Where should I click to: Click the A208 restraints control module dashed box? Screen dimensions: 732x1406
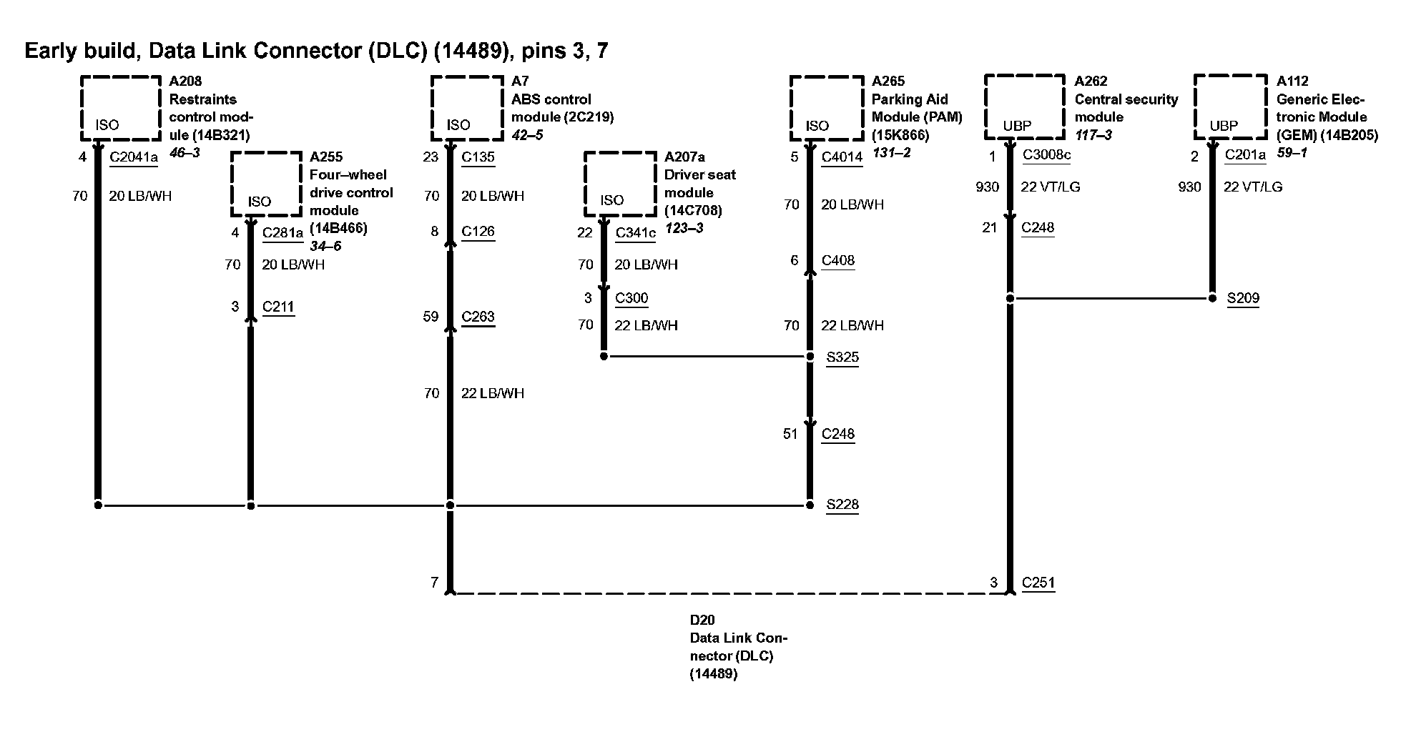coord(120,108)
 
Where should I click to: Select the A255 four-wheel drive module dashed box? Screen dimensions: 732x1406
coord(266,184)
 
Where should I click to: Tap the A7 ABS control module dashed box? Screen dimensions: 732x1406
coord(467,108)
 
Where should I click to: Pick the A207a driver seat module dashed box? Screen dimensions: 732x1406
coord(620,184)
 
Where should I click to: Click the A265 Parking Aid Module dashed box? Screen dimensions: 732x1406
coord(826,108)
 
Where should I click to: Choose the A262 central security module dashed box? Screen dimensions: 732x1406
coord(1024,107)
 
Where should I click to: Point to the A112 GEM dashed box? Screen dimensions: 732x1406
coord(1230,107)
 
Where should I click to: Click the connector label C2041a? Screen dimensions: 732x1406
coord(133,157)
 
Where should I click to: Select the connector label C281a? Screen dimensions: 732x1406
coord(282,232)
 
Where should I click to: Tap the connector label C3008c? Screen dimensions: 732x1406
coord(1046,155)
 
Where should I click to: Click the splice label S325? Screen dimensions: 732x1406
coord(842,357)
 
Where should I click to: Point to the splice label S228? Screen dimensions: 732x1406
coord(842,505)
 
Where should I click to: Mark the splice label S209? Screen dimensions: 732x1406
coord(1243,298)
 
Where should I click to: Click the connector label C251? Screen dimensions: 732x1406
coord(1038,583)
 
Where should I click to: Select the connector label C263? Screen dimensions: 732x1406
coord(478,317)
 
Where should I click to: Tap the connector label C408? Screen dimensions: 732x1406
coord(837,260)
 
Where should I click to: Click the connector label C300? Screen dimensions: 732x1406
coord(631,298)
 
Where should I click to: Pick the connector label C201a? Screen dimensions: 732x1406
coord(1244,155)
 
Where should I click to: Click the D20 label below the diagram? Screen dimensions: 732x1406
coord(702,620)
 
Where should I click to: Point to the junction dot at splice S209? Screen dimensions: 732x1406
coord(1212,298)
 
